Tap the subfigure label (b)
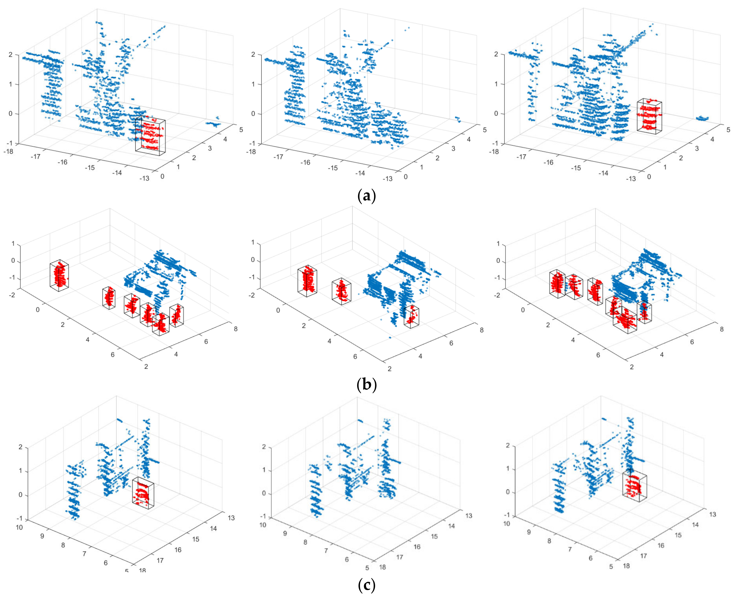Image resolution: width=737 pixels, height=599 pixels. point(366,384)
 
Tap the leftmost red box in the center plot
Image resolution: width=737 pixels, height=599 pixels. point(307,281)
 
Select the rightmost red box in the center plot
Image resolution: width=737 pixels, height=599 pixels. point(411,316)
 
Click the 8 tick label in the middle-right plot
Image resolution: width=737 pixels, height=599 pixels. point(721,329)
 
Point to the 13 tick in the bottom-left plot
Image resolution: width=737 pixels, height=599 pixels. point(231,518)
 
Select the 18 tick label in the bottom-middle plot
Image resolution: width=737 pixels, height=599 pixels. point(382,567)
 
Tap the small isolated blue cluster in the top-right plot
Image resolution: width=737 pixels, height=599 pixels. point(702,119)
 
